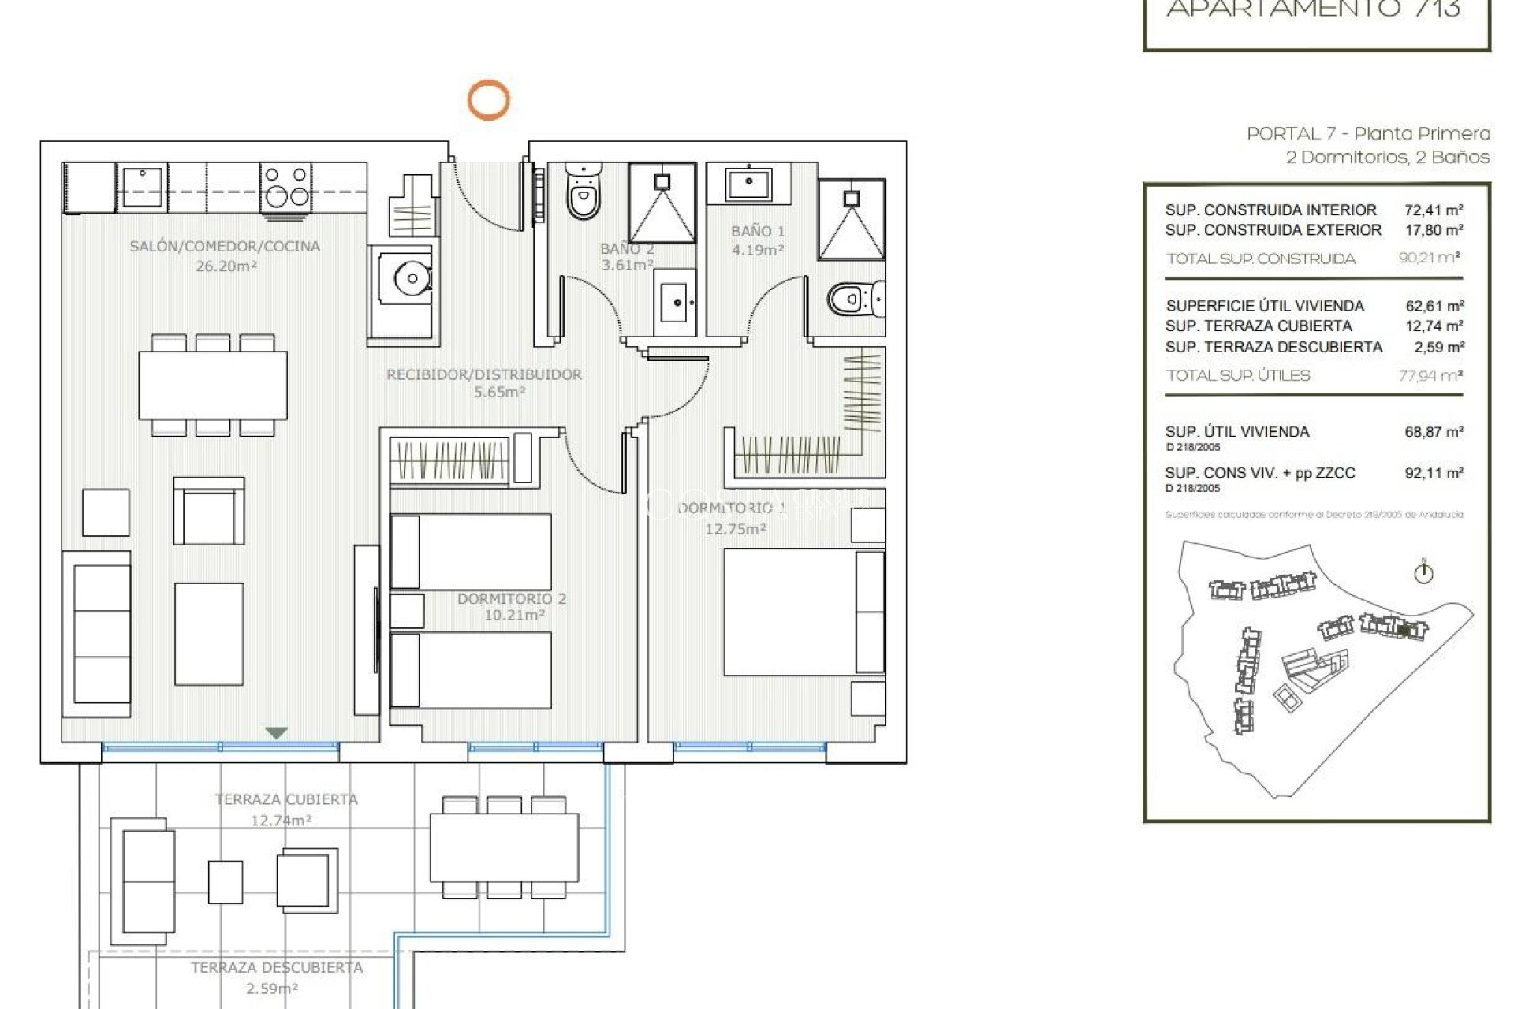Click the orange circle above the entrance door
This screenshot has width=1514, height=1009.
click(x=489, y=100)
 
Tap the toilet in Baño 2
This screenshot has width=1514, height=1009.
click(x=583, y=193)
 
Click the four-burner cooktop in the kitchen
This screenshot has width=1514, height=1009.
click(x=285, y=186)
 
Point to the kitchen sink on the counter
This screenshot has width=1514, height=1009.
click(x=142, y=186)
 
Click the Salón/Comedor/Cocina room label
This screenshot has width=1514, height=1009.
click(x=225, y=247)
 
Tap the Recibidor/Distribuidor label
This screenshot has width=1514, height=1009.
click(x=484, y=375)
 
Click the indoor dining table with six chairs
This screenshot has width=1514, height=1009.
click(x=213, y=385)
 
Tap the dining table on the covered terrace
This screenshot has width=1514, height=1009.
click(x=504, y=847)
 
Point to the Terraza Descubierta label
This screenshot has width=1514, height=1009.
click(x=277, y=967)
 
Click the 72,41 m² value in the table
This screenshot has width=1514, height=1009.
click(x=1434, y=210)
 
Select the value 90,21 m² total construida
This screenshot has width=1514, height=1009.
click(x=1429, y=258)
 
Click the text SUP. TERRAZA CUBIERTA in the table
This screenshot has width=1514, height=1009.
click(x=1259, y=326)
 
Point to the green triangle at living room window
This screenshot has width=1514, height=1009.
click(x=276, y=733)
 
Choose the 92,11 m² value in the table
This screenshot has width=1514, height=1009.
click(x=1434, y=473)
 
